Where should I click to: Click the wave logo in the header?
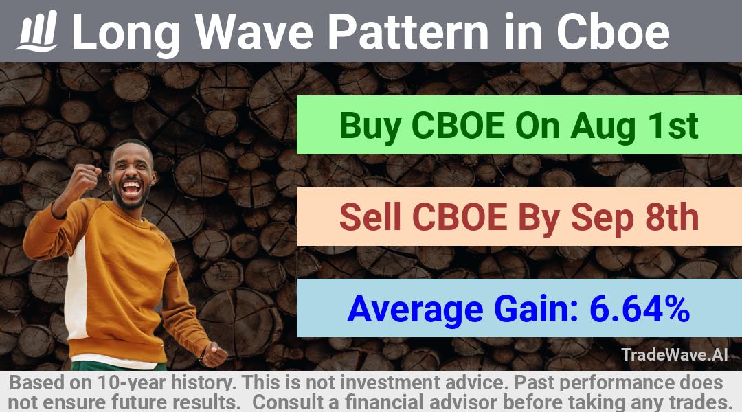pos(37,31)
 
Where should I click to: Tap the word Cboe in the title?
pos(613,32)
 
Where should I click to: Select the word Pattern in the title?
pos(409,32)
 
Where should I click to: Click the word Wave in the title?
pos(255,32)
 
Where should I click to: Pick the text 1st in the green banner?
pos(674,126)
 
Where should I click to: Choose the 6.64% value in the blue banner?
pos(640,308)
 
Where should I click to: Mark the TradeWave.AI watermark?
pos(675,354)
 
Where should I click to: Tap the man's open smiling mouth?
pos(131,187)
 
